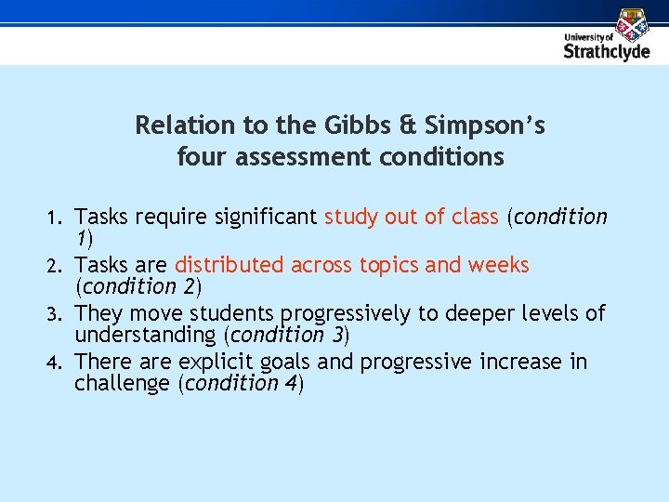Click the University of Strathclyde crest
[634, 23]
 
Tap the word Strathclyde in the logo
[607, 51]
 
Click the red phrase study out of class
[411, 218]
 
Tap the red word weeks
[499, 265]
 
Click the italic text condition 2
[138, 286]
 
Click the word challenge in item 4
[123, 383]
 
